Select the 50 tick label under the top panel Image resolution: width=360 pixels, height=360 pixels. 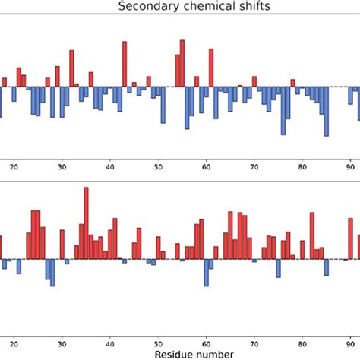(x=158, y=169)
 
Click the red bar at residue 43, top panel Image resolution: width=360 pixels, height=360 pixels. (x=125, y=65)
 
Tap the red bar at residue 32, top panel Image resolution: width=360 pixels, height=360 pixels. (x=71, y=68)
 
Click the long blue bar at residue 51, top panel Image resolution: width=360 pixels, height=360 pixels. (x=163, y=105)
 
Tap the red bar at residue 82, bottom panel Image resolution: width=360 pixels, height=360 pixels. (x=312, y=236)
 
